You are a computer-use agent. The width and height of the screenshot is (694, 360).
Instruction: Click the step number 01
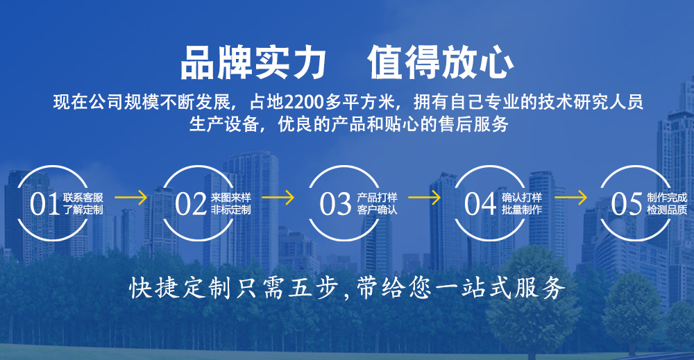click(x=44, y=204)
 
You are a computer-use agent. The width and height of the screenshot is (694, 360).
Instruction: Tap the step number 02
click(x=190, y=204)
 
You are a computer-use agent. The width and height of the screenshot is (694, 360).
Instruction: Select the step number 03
click(x=335, y=204)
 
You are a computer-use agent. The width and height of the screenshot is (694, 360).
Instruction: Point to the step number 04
click(x=480, y=204)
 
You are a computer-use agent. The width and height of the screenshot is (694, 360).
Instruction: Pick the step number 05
click(x=626, y=204)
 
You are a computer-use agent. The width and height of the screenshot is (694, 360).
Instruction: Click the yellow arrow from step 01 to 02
click(x=131, y=197)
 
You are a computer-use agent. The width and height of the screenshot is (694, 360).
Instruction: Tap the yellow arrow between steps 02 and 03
click(x=278, y=197)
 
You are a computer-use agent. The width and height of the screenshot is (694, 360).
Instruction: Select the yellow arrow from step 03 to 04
click(x=425, y=197)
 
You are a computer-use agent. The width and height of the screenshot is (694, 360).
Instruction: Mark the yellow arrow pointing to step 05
click(x=571, y=197)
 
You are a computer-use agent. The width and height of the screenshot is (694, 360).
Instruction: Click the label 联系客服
click(x=83, y=197)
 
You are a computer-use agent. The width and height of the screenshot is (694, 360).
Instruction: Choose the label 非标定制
click(x=230, y=209)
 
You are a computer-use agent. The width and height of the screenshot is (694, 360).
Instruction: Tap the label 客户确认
click(x=377, y=209)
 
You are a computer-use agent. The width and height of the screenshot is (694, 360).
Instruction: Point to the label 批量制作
click(x=522, y=209)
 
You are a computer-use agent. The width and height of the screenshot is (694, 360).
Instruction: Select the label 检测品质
click(x=667, y=209)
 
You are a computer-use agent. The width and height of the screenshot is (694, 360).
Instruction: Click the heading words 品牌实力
click(x=253, y=63)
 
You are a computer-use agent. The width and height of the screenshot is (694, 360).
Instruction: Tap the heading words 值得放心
click(x=441, y=63)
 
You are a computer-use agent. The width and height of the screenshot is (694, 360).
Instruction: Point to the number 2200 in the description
click(x=305, y=102)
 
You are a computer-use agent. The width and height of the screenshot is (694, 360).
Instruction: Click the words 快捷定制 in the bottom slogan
click(x=180, y=289)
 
